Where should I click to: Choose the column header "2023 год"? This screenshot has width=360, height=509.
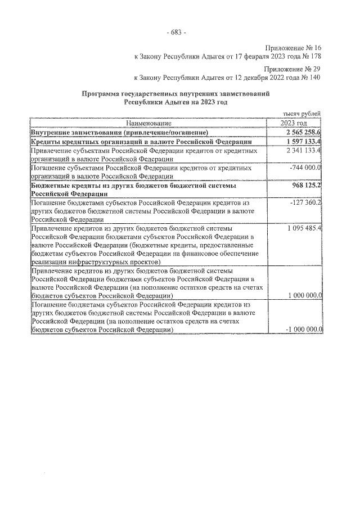[x=294, y=123]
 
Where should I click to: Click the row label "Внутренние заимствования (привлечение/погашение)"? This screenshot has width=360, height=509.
[x=119, y=132]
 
